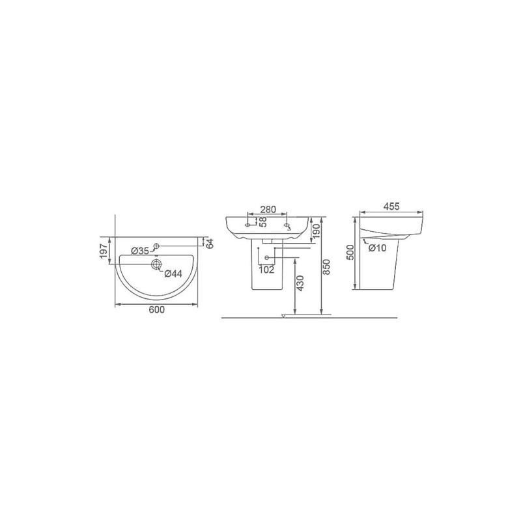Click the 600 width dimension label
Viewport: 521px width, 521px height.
click(x=156, y=310)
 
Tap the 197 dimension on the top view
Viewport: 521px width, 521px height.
click(x=104, y=251)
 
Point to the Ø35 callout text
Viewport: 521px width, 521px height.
click(x=140, y=251)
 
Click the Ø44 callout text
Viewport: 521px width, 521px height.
click(x=173, y=274)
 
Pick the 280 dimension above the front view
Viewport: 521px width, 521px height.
click(x=268, y=209)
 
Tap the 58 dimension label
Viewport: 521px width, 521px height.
click(x=263, y=222)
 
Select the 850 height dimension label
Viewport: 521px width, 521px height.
click(x=326, y=266)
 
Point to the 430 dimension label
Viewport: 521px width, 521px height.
click(x=300, y=283)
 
